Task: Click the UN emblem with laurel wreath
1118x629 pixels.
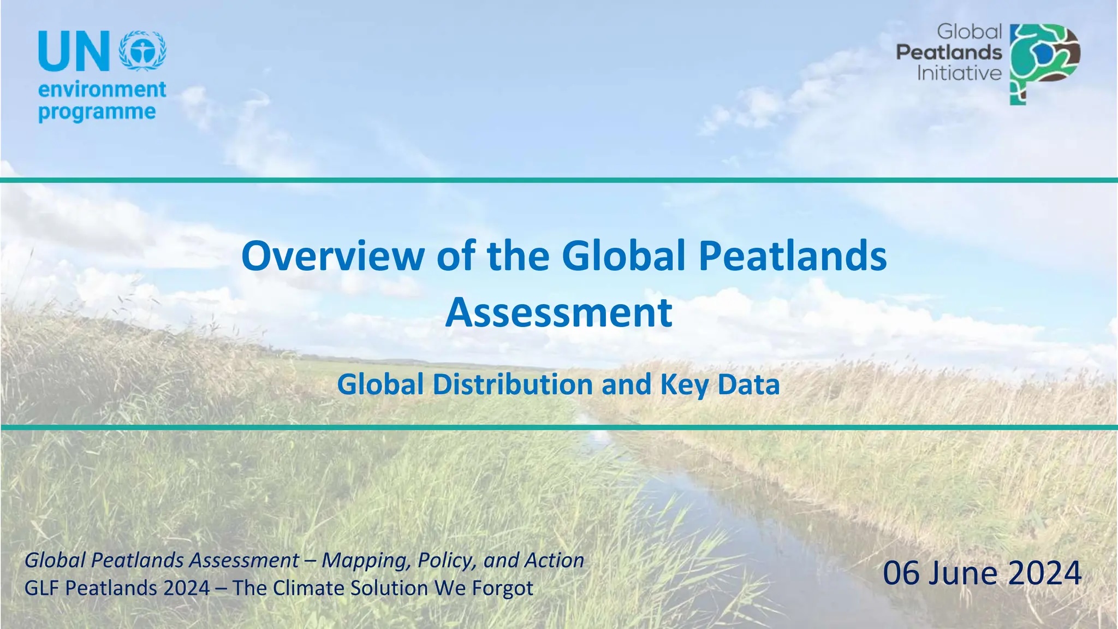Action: [142, 50]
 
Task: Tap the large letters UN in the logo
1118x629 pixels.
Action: [74, 51]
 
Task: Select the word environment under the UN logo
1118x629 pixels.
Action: [102, 89]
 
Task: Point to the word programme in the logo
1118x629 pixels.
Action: [97, 112]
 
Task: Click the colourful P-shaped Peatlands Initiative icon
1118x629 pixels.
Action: [1044, 64]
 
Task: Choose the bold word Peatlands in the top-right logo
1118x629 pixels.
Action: [949, 52]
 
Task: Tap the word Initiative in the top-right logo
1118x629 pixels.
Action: [959, 73]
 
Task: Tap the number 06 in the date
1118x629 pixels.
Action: [902, 573]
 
